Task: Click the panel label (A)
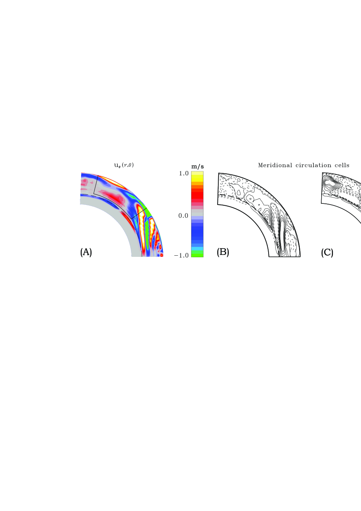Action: (x=86, y=252)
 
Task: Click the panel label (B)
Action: (x=223, y=252)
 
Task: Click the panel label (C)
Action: (x=327, y=252)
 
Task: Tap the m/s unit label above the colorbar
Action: (x=198, y=167)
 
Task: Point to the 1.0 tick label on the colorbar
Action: (x=184, y=173)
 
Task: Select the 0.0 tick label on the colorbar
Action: (x=184, y=215)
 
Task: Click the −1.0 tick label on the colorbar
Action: (x=182, y=255)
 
